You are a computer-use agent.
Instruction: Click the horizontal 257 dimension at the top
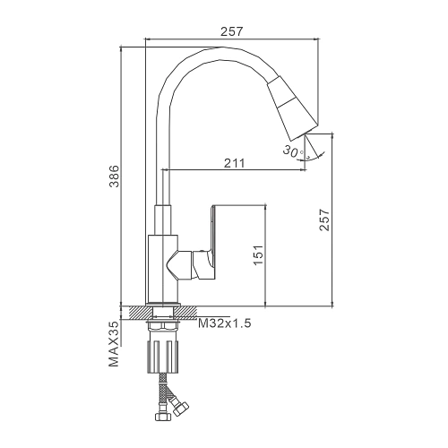pos(232,31)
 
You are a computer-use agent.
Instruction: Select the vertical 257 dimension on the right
pos(324,220)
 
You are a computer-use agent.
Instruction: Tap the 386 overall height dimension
pos(114,177)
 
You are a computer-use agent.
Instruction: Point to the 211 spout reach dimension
pos(234,163)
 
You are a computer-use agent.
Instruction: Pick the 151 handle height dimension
pos(258,254)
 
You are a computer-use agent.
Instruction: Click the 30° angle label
pos(292,151)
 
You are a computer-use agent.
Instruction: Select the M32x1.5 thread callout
pos(225,323)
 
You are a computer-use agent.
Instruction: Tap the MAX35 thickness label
pos(114,344)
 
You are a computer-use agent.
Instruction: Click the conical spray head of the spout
pos(292,108)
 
